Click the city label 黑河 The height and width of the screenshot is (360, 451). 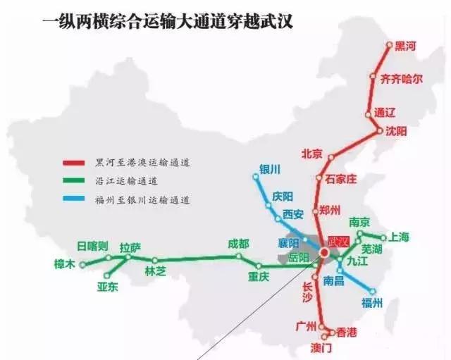(x=405, y=46)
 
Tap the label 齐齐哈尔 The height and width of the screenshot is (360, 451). (x=401, y=78)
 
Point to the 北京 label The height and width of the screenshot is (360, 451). (x=311, y=154)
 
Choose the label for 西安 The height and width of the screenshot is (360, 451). (x=292, y=214)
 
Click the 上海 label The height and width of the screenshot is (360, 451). (x=399, y=237)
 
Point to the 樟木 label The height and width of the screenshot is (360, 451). (x=63, y=265)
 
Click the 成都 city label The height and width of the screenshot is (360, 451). (x=238, y=243)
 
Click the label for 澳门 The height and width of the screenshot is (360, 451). (x=321, y=348)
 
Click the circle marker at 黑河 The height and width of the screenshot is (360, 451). (x=389, y=45)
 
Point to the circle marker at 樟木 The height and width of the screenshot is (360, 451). (x=82, y=266)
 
